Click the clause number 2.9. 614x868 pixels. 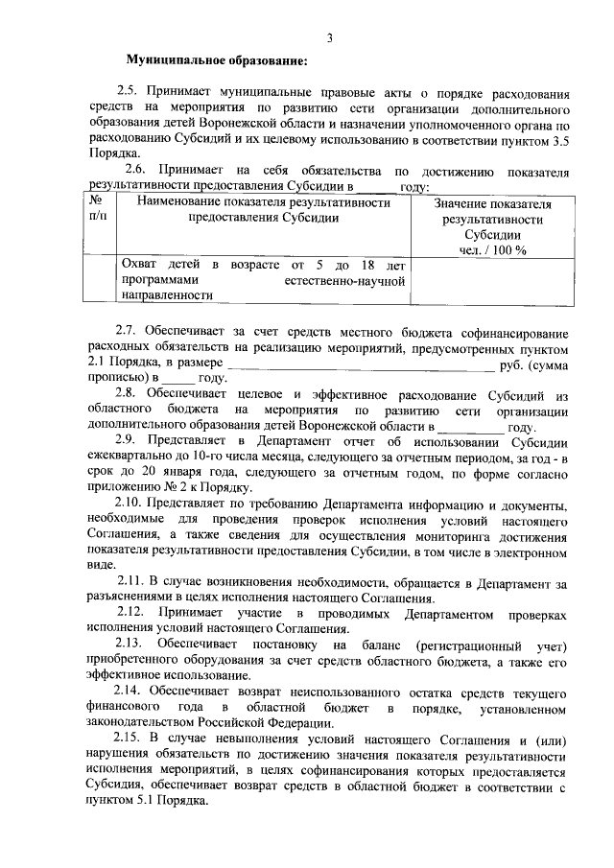pyautogui.click(x=129, y=443)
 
